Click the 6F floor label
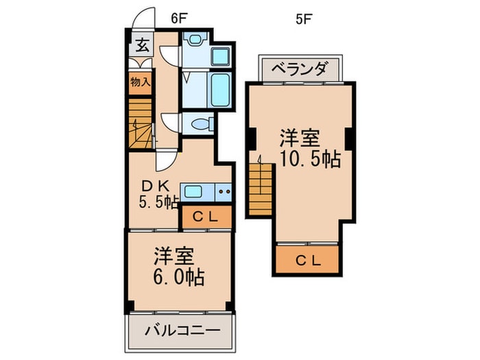(179, 19)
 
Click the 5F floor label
(303, 19)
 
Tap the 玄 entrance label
(142, 46)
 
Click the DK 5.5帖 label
(160, 193)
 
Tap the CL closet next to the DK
(206, 217)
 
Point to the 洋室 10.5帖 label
(309, 149)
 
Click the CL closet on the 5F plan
(308, 260)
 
